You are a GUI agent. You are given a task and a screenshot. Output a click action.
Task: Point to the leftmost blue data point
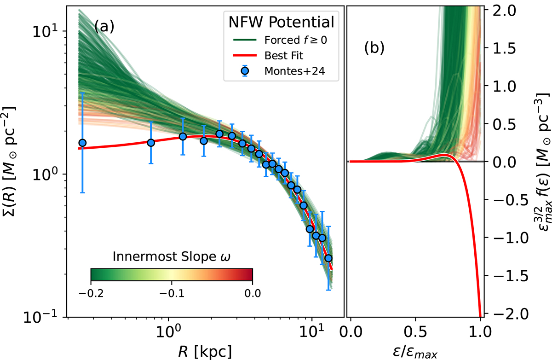click(x=82, y=143)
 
